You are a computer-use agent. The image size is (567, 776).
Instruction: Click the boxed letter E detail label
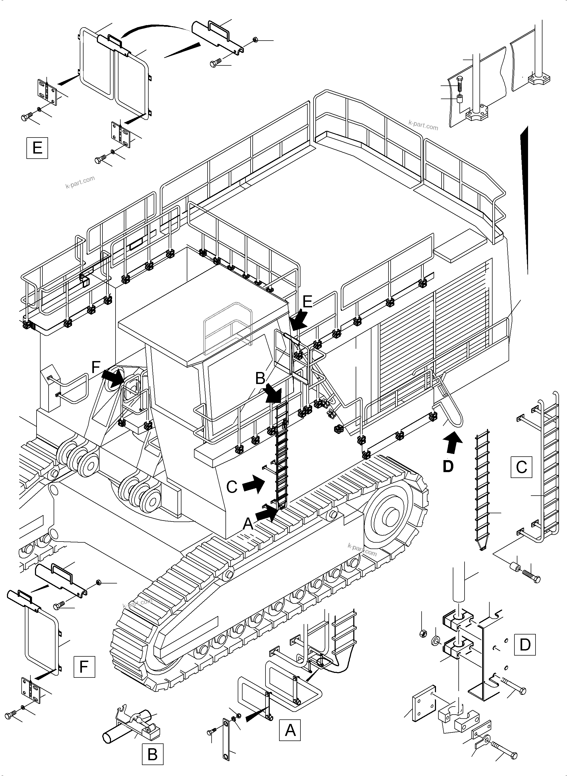[x=37, y=148]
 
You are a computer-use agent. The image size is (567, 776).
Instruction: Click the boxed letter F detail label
[x=84, y=667]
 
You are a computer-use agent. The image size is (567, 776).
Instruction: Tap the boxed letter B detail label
[x=152, y=754]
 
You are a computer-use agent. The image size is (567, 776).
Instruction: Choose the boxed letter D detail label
[x=525, y=645]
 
